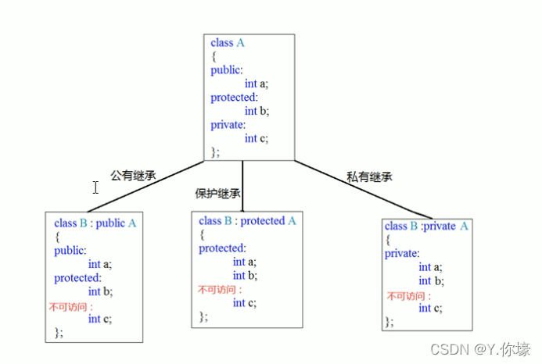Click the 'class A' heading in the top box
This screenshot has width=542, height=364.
(228, 43)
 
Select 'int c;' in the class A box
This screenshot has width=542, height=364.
(257, 138)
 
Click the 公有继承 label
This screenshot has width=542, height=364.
(133, 176)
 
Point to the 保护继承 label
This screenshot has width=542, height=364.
(217, 194)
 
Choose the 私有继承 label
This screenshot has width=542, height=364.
(369, 177)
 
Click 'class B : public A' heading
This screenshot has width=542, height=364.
(95, 223)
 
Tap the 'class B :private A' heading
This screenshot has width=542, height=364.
(426, 226)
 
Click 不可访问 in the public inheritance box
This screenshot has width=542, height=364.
(70, 306)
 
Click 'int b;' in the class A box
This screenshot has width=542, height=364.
(257, 111)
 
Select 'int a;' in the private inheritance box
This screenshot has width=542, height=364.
(431, 267)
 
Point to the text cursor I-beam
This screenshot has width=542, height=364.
(95, 187)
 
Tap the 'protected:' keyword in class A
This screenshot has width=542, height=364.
(234, 97)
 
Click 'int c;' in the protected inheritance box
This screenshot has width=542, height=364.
(246, 303)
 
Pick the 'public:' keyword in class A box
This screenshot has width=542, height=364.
(227, 70)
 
